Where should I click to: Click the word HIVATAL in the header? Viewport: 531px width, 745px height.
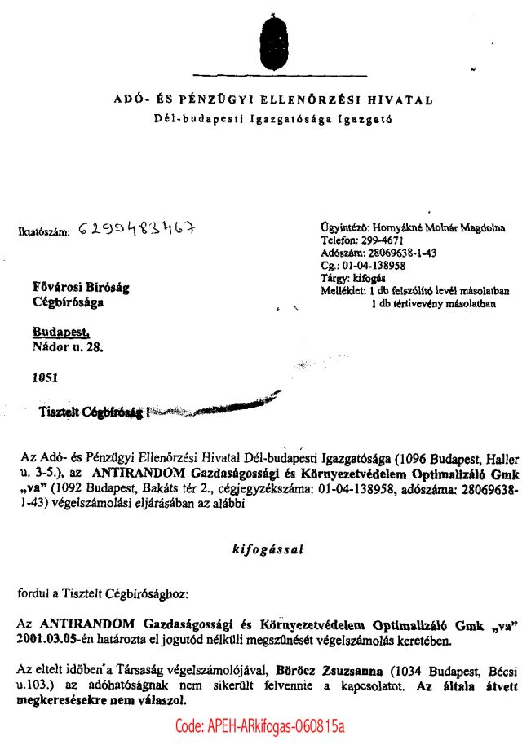coord(401,101)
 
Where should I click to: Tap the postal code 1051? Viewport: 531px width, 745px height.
coord(45,378)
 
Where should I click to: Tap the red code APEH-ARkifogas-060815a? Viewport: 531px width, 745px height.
coord(260,726)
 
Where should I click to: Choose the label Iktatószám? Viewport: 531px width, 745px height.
coord(44,231)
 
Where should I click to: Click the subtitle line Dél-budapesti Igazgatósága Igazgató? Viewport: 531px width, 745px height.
coord(273,120)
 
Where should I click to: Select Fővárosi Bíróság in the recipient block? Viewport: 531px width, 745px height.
coord(80,288)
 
